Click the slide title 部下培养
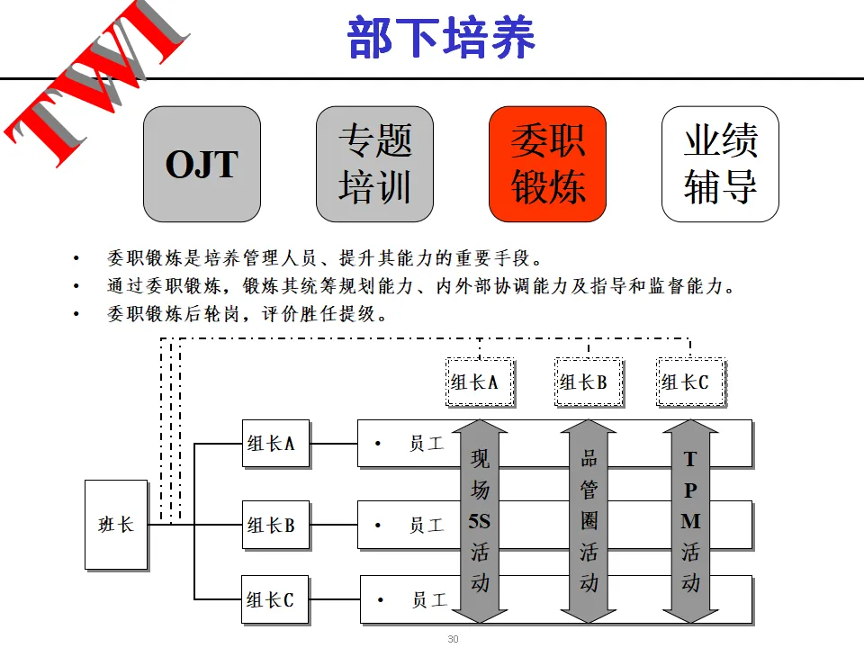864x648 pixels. click(442, 37)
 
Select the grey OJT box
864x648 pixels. click(202, 164)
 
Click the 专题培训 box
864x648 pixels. click(374, 164)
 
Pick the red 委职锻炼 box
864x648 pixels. click(547, 164)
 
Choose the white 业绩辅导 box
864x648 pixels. click(720, 164)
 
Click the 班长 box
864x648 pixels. click(116, 524)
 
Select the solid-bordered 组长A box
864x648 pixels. click(275, 443)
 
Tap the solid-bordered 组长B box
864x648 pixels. click(275, 525)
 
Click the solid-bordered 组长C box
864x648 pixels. click(275, 599)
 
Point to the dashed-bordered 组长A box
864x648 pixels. click(480, 382)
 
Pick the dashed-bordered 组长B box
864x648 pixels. click(588, 382)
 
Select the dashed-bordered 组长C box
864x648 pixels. click(689, 382)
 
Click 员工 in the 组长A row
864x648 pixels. click(426, 443)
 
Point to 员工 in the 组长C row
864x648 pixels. click(428, 599)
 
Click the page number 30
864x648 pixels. click(453, 639)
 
